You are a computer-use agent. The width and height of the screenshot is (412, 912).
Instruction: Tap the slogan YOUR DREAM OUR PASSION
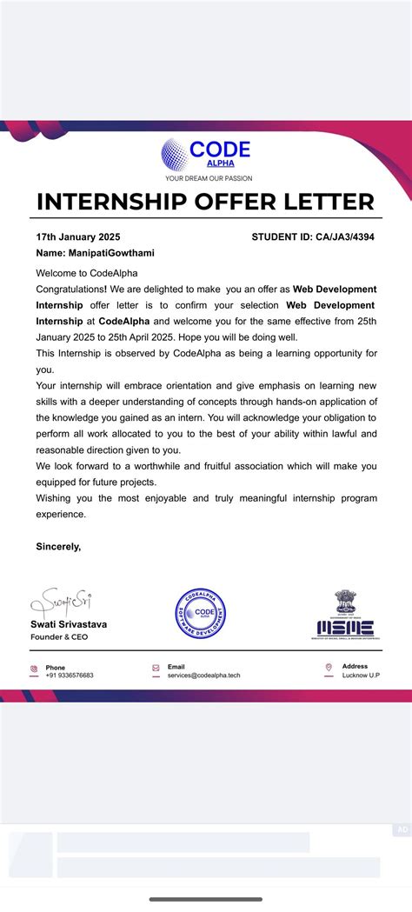point(209,178)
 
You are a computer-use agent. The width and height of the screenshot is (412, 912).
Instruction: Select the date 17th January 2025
point(78,236)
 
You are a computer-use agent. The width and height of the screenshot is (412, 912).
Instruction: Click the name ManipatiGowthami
point(110,253)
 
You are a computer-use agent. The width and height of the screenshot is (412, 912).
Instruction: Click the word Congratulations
point(70,289)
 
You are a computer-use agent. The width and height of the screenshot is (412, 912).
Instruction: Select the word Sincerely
point(58,547)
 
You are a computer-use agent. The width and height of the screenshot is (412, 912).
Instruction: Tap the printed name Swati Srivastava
point(70,624)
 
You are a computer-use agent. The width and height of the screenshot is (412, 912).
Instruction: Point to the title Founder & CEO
point(60,637)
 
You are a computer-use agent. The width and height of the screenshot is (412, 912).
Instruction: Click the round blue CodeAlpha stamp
point(202,615)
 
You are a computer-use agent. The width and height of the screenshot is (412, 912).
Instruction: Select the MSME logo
point(345,617)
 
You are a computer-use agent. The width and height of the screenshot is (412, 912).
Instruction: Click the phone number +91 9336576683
point(70,676)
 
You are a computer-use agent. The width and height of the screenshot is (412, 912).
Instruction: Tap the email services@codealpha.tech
point(203,676)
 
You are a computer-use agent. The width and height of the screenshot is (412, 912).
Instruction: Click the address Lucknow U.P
point(361,676)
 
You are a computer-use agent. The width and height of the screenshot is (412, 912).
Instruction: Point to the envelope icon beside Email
point(156,669)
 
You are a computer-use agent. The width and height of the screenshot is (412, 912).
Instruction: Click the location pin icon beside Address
point(329,669)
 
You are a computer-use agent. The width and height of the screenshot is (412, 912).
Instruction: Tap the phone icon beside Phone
point(34,669)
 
